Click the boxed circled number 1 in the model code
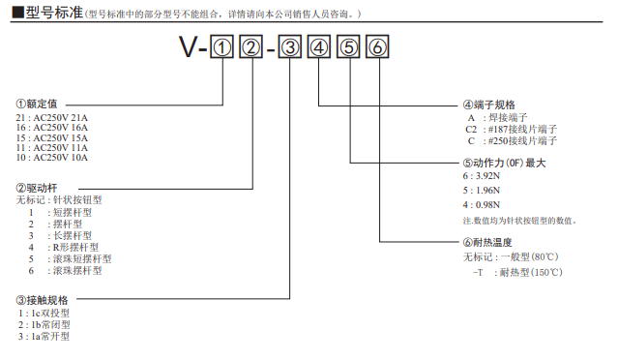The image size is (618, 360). [x=222, y=46]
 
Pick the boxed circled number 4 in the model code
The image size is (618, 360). [x=319, y=46]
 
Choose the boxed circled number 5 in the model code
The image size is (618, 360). [x=349, y=46]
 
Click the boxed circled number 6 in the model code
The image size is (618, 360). [x=379, y=46]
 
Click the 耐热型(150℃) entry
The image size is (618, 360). [x=516, y=272]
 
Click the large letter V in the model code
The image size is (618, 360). [x=190, y=46]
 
